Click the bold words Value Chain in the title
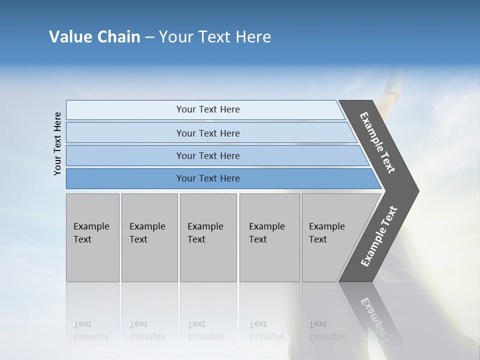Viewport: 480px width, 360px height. (94, 37)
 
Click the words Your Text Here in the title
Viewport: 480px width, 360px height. (215, 37)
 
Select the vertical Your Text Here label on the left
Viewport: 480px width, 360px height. (57, 143)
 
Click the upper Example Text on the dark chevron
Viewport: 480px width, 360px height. (377, 142)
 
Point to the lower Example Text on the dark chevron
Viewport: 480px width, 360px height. (378, 236)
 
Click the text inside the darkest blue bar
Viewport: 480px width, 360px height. (208, 178)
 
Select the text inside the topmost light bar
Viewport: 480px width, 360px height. (208, 109)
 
